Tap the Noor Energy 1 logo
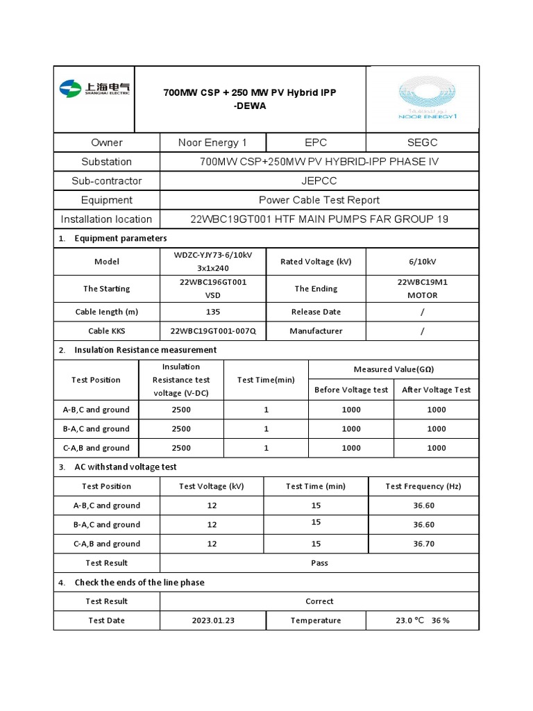pyautogui.click(x=428, y=99)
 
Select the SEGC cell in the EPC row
pyautogui.click(x=423, y=142)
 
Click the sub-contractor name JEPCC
pyautogui.click(x=319, y=181)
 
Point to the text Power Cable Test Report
pyautogui.click(x=319, y=200)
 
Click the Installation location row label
pyautogui.click(x=106, y=219)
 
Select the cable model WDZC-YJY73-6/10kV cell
pyautogui.click(x=213, y=261)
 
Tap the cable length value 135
pyautogui.click(x=213, y=312)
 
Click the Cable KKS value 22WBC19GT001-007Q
pyautogui.click(x=213, y=331)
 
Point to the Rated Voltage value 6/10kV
pyautogui.click(x=423, y=262)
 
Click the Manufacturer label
pyautogui.click(x=316, y=331)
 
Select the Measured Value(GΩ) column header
pyautogui.click(x=394, y=369)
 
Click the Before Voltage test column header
pyautogui.click(x=351, y=390)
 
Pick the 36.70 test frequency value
pyautogui.click(x=423, y=544)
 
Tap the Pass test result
pyautogui.click(x=319, y=562)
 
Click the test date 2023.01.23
pyautogui.click(x=213, y=620)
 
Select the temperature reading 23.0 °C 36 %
pyautogui.click(x=423, y=620)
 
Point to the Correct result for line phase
pyautogui.click(x=319, y=601)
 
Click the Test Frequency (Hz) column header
pyautogui.click(x=423, y=486)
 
